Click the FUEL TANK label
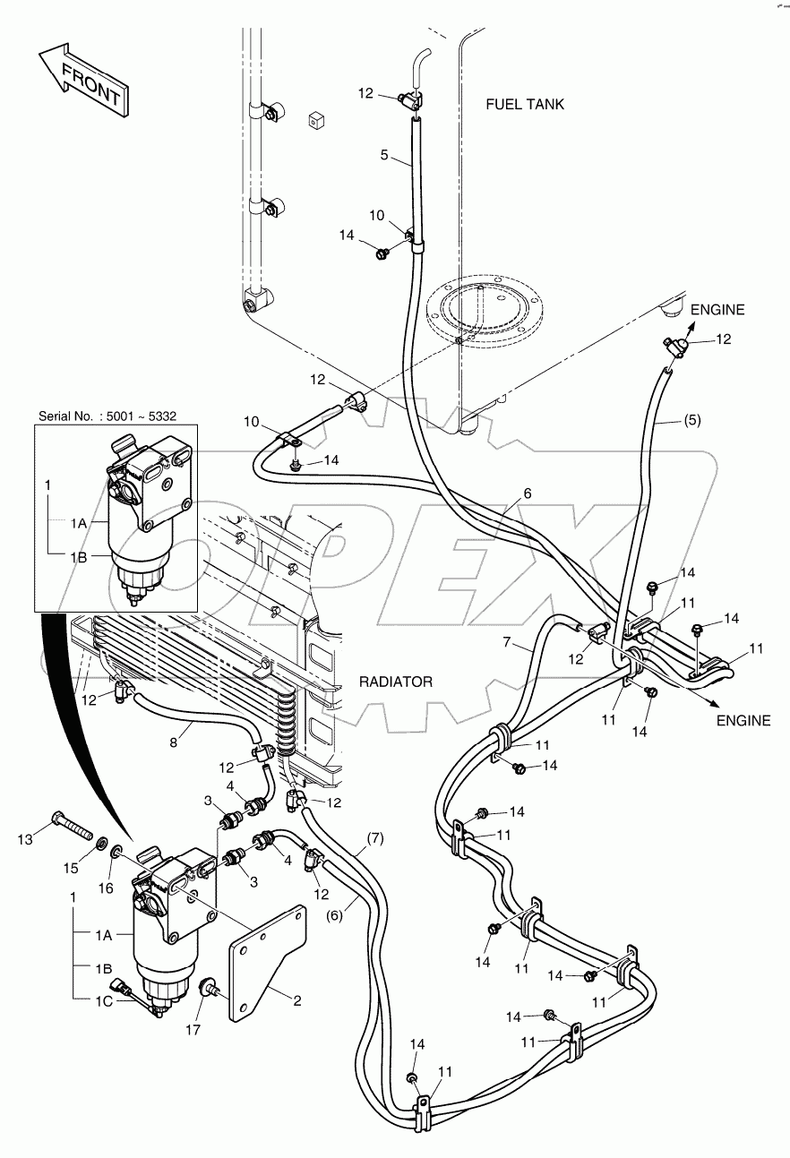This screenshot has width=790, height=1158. coord(525,104)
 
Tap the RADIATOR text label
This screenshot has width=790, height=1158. coord(395,682)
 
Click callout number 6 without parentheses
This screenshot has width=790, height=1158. coord(528,493)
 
